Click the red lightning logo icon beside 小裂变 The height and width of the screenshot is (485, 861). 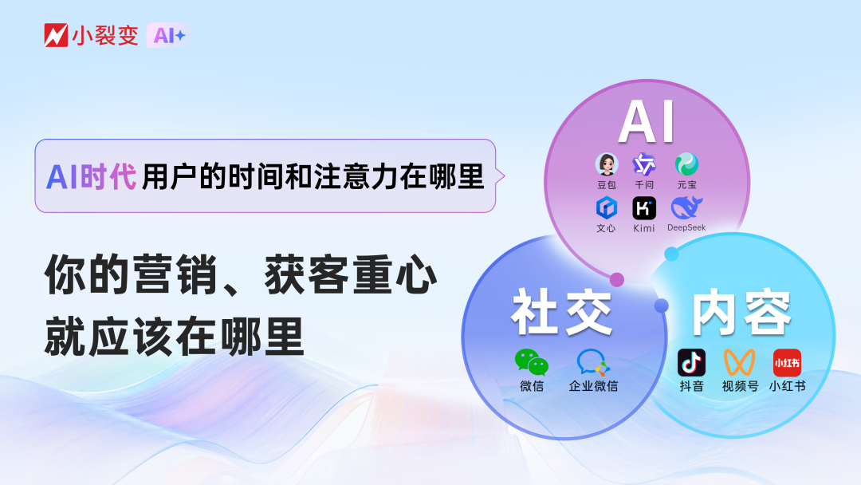(56, 35)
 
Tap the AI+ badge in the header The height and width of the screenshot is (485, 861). (168, 35)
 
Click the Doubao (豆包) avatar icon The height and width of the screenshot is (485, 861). (606, 164)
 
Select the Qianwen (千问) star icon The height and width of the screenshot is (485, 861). (644, 164)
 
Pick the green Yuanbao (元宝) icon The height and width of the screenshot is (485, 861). (686, 164)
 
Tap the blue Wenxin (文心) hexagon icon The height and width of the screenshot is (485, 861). (606, 208)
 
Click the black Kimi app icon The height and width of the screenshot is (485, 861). (644, 208)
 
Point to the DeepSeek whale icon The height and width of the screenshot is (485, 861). (686, 207)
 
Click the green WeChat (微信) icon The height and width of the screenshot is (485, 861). (532, 362)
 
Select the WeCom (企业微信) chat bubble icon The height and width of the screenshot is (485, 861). (593, 362)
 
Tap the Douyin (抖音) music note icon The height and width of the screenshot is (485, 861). (691, 362)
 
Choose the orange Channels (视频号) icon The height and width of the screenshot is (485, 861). (739, 362)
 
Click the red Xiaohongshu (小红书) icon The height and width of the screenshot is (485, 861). (787, 362)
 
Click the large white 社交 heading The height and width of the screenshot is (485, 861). (562, 313)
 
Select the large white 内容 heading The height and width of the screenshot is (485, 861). (741, 313)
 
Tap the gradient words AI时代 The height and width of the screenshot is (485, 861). (91, 177)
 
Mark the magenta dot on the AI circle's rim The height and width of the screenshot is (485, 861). (616, 279)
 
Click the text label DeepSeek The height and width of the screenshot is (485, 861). (686, 227)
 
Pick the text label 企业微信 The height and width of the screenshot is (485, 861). (593, 386)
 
